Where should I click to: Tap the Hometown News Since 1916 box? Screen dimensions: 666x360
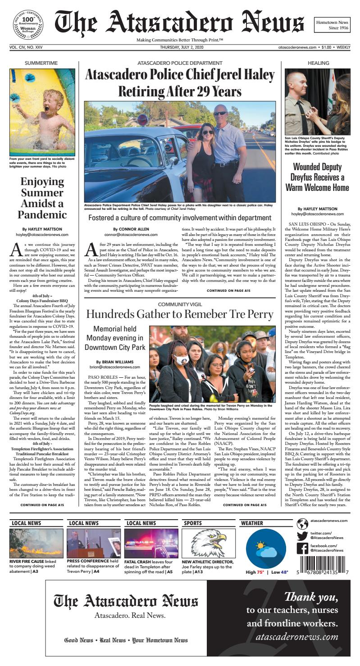332,25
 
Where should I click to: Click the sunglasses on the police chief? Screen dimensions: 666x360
220,113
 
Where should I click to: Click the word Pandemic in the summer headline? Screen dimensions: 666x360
42,214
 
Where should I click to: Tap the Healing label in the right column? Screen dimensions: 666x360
318,63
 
